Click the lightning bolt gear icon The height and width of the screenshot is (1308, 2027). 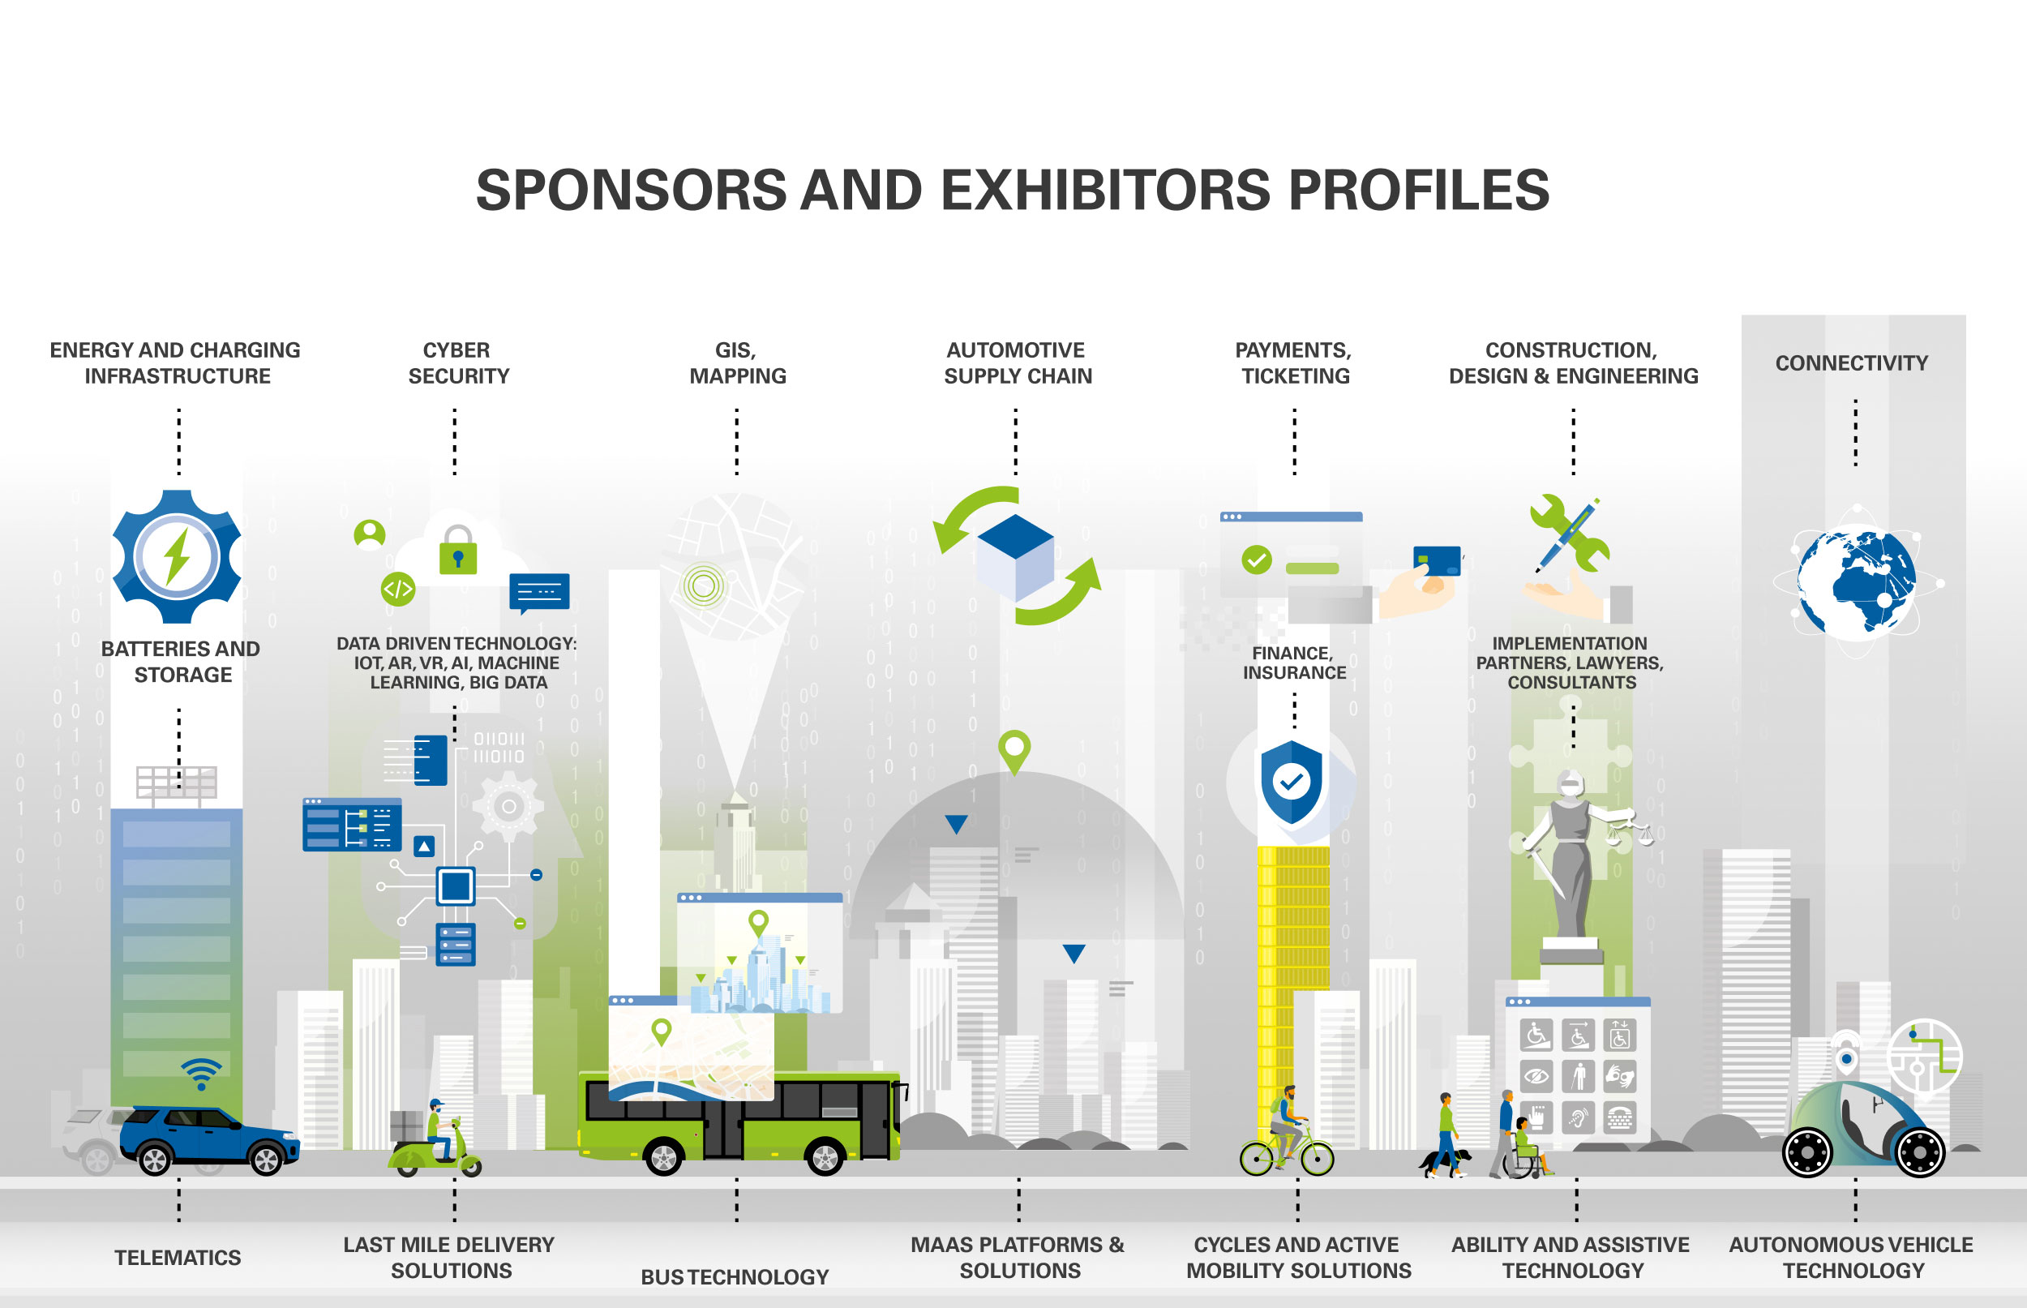click(x=177, y=557)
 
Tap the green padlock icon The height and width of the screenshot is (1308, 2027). click(x=458, y=552)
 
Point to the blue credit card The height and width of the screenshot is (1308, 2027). click(x=1437, y=560)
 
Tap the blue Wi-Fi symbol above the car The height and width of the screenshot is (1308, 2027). click(x=201, y=1074)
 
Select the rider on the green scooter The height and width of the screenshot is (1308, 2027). click(x=439, y=1130)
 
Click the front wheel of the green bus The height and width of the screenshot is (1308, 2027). click(x=825, y=1157)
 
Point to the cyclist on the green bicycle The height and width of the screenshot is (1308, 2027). click(x=1287, y=1121)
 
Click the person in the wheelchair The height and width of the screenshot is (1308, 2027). click(x=1526, y=1147)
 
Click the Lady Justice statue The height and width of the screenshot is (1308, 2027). click(x=1571, y=858)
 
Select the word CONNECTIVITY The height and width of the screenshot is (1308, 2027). click(x=1851, y=363)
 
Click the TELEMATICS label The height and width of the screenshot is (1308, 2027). click(x=178, y=1258)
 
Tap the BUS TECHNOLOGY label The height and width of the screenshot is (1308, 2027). click(x=735, y=1276)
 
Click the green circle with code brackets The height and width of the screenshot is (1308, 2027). click(x=398, y=589)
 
